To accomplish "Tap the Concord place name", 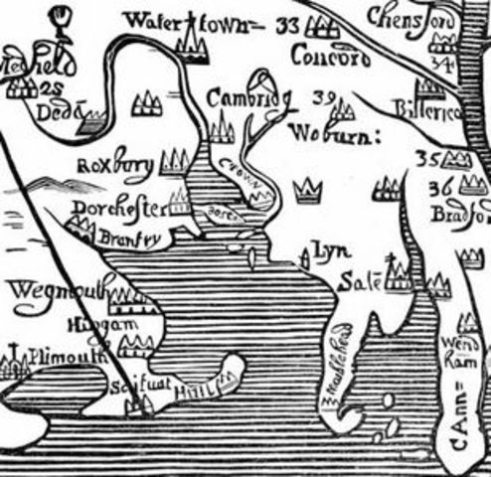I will [x=330, y=57].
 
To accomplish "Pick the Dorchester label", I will [x=116, y=209].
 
